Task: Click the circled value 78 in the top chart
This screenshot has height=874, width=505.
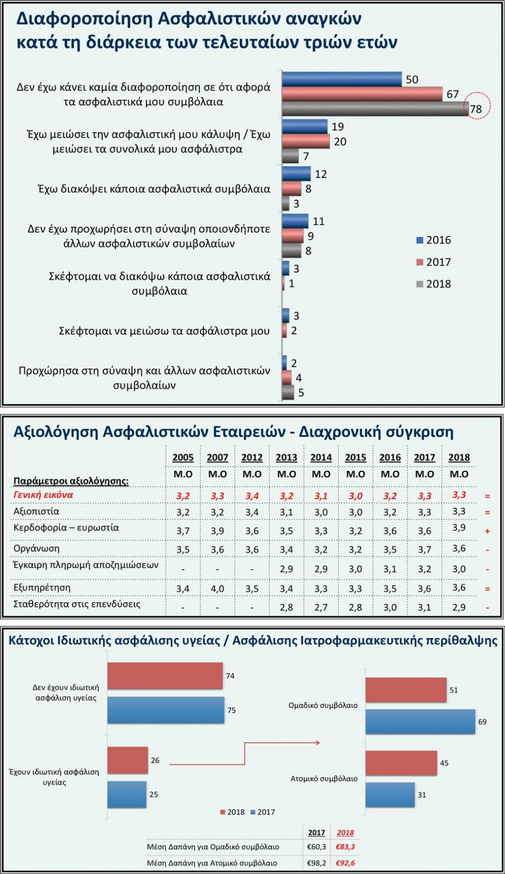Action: pyautogui.click(x=476, y=109)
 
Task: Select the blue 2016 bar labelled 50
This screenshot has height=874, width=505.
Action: pyautogui.click(x=342, y=79)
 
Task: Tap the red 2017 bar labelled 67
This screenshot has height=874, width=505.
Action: pyautogui.click(x=362, y=94)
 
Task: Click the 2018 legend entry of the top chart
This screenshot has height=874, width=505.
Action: pyautogui.click(x=434, y=284)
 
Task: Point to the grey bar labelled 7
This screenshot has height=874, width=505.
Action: pyautogui.click(x=290, y=156)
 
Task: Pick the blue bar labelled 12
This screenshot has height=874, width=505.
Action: pyautogui.click(x=296, y=174)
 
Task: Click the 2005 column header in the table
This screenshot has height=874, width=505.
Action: pyautogui.click(x=183, y=457)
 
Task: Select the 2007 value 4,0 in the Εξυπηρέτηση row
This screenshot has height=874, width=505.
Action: pyautogui.click(x=217, y=588)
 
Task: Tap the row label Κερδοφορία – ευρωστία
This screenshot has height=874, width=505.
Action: pyautogui.click(x=66, y=528)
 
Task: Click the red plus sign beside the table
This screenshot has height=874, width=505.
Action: pyautogui.click(x=487, y=531)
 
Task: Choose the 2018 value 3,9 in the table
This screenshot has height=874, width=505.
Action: pyautogui.click(x=459, y=528)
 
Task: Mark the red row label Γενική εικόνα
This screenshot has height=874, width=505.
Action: pyautogui.click(x=43, y=495)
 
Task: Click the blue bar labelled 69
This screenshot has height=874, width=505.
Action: pyautogui.click(x=420, y=722)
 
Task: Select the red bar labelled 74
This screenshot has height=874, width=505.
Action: pyautogui.click(x=165, y=676)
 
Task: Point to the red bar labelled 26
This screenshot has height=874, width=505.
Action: pyautogui.click(x=127, y=760)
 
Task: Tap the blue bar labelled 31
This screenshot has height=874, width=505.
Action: pyautogui.click(x=390, y=795)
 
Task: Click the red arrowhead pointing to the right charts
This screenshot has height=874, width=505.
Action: pyautogui.click(x=317, y=742)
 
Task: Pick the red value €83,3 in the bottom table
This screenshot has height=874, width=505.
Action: pyautogui.click(x=345, y=847)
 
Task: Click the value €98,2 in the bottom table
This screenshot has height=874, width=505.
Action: pyautogui.click(x=317, y=863)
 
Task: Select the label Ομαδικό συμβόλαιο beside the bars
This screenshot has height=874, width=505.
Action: pyautogui.click(x=323, y=705)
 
